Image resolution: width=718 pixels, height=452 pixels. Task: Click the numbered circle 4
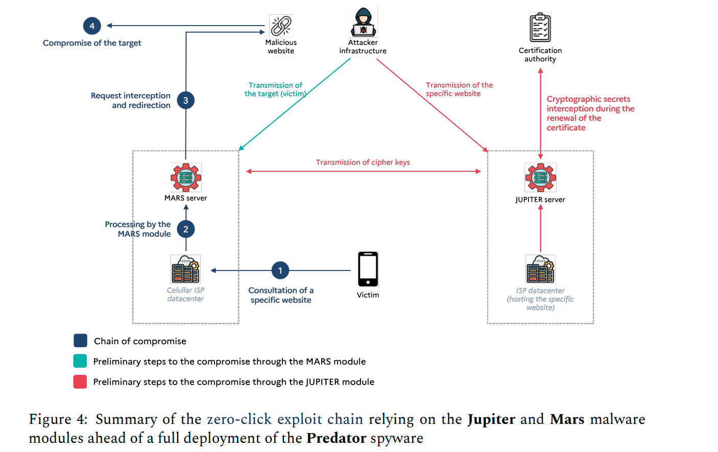click(92, 26)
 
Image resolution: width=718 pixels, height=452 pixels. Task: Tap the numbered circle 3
click(185, 100)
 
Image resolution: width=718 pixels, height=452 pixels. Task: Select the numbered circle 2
click(185, 229)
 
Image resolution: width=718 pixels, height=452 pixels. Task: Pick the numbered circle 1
click(280, 270)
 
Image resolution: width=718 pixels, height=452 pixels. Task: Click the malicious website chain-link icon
click(281, 26)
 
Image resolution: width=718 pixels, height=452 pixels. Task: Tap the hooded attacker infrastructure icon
click(363, 22)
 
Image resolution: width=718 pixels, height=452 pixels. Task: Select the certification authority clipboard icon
click(540, 27)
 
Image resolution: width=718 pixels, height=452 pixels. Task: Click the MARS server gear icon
click(186, 177)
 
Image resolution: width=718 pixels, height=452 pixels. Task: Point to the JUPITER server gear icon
click(540, 177)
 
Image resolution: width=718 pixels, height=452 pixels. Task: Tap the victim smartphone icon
click(368, 269)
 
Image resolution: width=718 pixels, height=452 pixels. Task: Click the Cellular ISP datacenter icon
click(185, 269)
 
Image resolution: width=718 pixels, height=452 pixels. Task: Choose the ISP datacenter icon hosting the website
click(540, 269)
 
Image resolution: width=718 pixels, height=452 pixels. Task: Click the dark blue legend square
click(80, 341)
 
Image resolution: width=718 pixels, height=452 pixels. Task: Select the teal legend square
click(80, 361)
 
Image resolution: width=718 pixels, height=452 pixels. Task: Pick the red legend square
click(80, 382)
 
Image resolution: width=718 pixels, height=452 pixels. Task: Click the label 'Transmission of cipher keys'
click(363, 162)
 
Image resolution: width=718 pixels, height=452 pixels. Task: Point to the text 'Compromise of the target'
click(92, 43)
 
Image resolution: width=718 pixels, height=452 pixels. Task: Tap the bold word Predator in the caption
click(336, 438)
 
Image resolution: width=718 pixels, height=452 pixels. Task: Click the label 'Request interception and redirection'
click(130, 100)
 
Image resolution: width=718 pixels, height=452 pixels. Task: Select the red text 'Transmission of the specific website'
click(459, 89)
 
